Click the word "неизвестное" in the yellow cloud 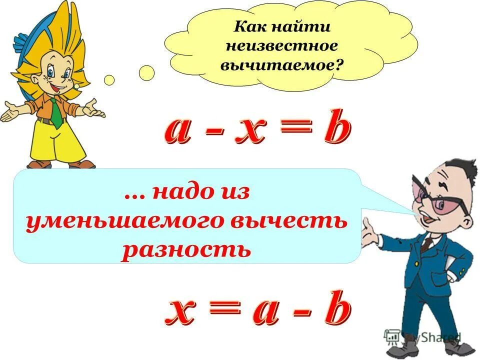coord(282,46)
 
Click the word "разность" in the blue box coord(186,248)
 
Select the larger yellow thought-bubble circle coord(146,73)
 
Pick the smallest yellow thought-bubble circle coord(76,86)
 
